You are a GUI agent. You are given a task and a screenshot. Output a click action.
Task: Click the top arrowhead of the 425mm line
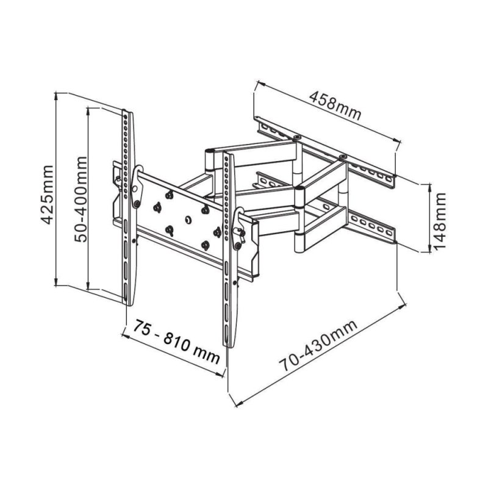pyautogui.click(x=56, y=96)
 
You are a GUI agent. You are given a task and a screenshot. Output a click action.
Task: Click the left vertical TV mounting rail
pyautogui.click(x=126, y=207)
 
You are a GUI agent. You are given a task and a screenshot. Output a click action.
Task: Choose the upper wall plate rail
pyautogui.click(x=326, y=149)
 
